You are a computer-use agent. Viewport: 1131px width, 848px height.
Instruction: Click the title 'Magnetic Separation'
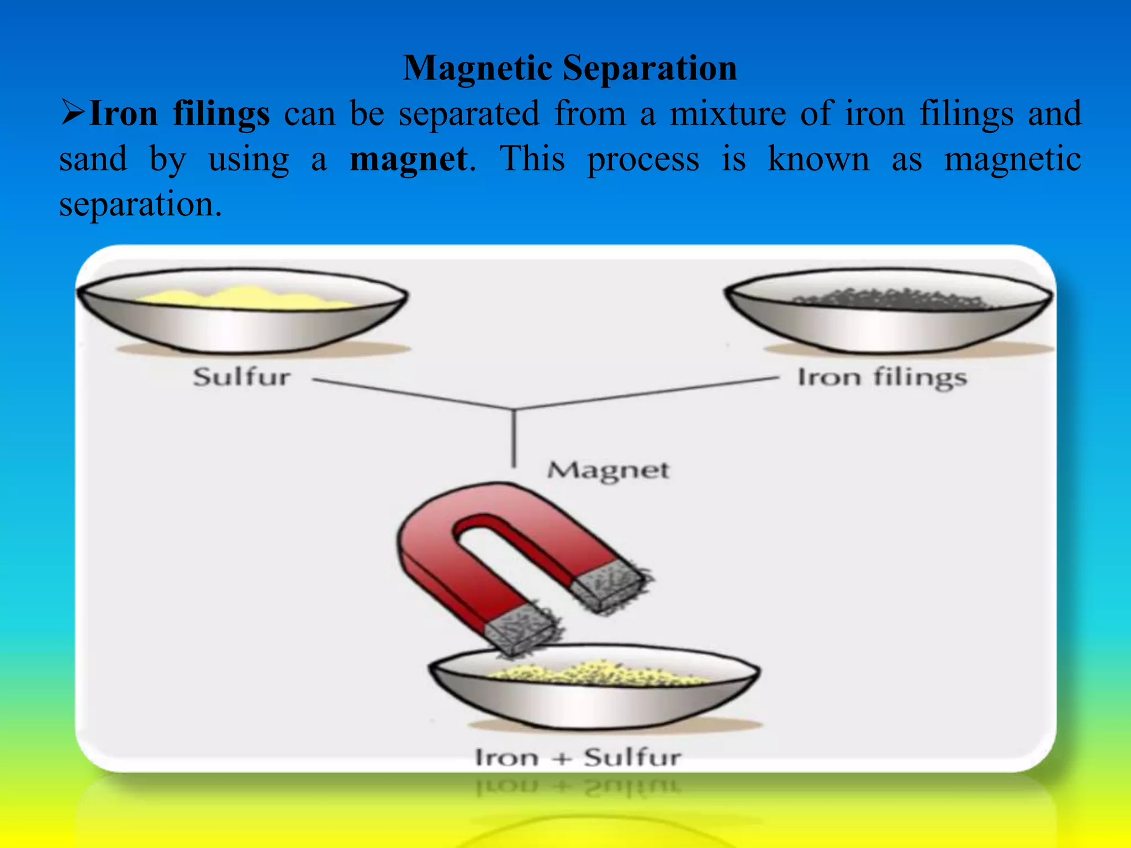569,68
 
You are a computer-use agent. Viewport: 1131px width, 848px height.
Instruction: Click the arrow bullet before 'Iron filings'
72,113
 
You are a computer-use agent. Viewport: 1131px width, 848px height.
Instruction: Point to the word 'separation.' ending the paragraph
140,205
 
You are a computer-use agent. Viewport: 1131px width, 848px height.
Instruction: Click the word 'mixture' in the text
728,114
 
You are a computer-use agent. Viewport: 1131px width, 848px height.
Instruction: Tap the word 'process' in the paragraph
643,160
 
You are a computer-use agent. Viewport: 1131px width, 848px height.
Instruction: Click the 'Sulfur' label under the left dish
241,378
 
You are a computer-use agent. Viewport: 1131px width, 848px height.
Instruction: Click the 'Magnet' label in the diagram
608,470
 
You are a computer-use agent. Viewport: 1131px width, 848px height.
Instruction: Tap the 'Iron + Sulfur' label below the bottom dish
578,757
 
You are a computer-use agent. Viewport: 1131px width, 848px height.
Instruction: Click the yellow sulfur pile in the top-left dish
243,299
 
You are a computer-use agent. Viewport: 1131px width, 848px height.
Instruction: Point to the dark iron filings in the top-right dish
889,299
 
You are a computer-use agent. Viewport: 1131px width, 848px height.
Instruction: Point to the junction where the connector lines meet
514,410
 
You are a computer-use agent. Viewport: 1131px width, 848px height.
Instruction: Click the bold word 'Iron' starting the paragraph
123,114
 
